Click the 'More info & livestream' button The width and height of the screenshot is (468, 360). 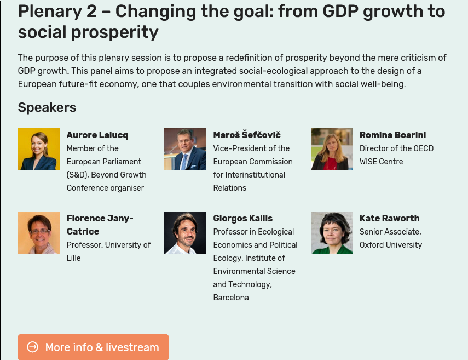point(93,347)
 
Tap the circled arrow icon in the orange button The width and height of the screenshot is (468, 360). point(32,347)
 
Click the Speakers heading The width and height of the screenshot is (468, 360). point(47,107)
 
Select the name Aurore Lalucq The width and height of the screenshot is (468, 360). point(97,135)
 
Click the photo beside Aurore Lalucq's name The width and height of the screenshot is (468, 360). point(39,150)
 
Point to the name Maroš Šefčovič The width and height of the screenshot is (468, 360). point(247,135)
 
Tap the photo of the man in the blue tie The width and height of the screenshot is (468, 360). point(185,150)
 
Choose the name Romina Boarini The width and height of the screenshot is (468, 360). point(393,135)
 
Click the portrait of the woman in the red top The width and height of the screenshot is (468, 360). point(332,150)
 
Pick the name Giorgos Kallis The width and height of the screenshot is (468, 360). point(243,219)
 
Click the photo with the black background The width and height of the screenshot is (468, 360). point(185,233)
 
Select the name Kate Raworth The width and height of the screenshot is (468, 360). point(390,219)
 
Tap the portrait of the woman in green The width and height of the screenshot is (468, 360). point(332,233)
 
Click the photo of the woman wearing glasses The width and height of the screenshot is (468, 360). point(39,233)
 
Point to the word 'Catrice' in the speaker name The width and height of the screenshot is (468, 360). point(83,232)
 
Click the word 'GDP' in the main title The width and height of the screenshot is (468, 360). point(340,12)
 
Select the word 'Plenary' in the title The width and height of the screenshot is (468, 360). point(50,12)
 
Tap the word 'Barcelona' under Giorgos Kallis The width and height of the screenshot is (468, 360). point(231,298)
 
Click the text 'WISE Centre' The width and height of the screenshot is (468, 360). point(381,162)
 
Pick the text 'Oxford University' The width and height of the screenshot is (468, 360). point(391,245)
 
